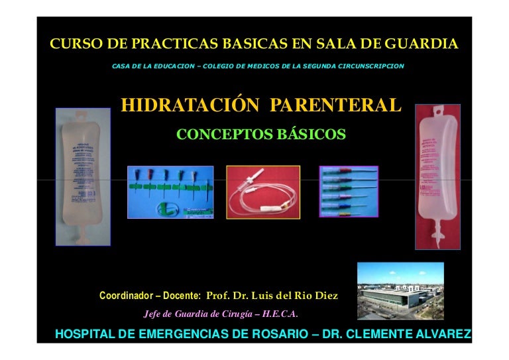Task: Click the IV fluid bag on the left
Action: click(83, 176)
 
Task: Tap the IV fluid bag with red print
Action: click(437, 176)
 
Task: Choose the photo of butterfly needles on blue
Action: click(170, 192)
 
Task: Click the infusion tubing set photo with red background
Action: click(263, 192)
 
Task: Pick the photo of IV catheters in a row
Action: click(349, 192)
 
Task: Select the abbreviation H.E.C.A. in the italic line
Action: click(280, 314)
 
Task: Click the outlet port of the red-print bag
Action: click(437, 241)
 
